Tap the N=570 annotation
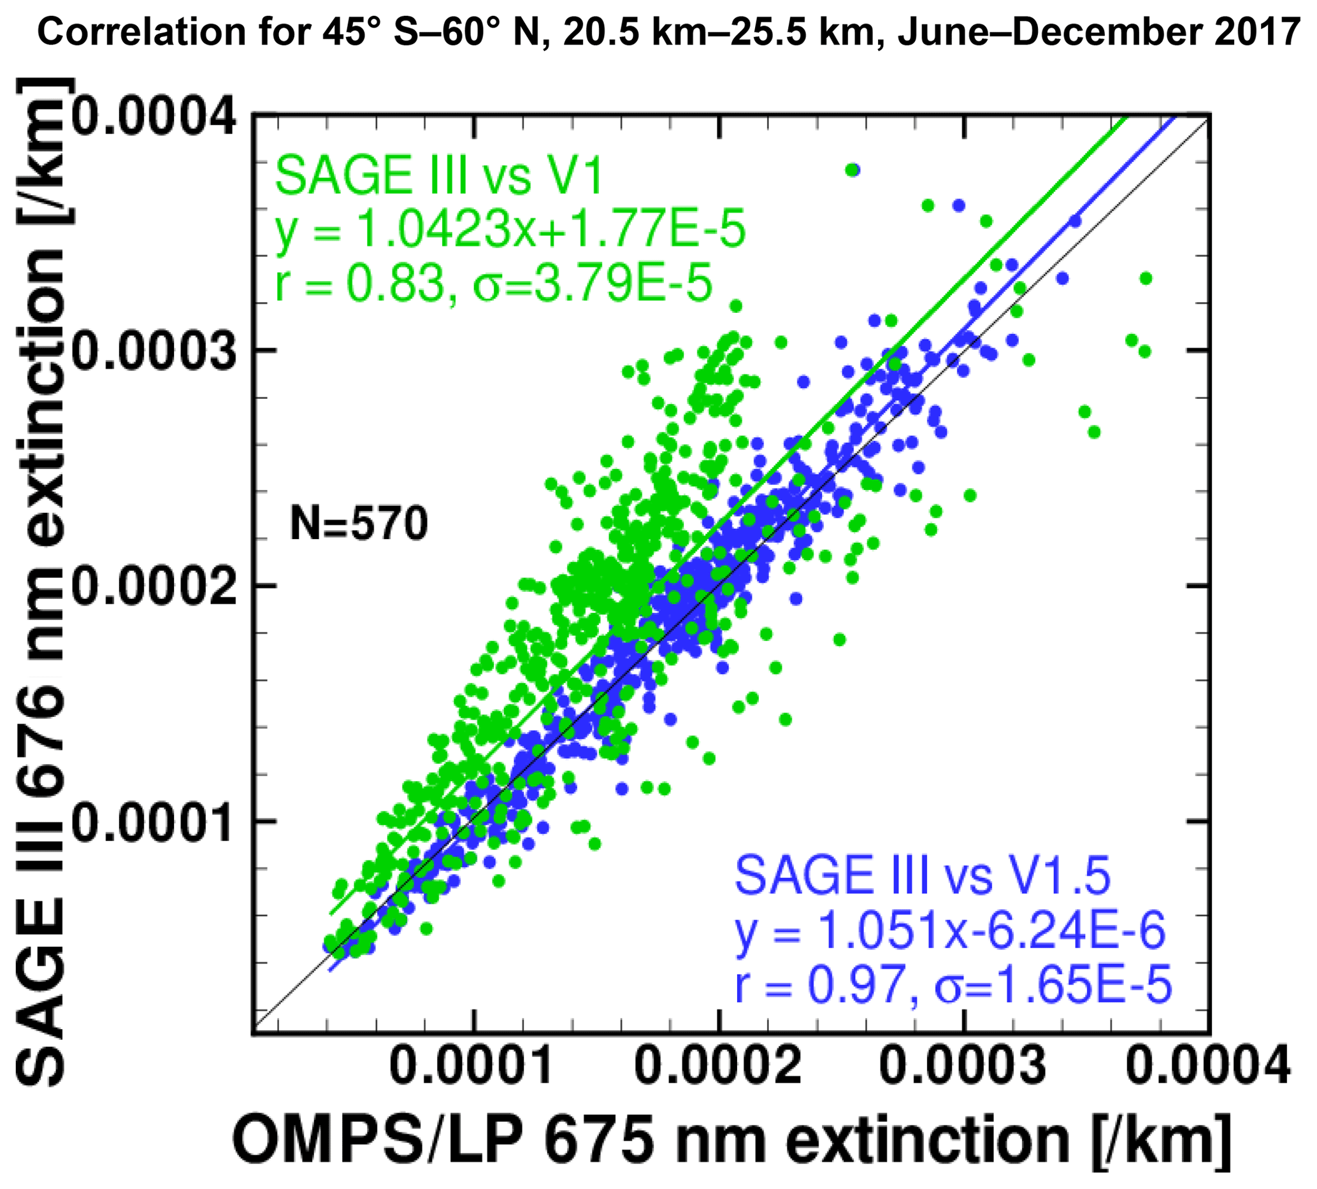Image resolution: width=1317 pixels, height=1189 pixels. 359,524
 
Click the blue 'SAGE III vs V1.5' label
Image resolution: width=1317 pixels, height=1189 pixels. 923,876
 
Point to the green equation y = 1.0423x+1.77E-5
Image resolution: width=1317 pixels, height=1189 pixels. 510,231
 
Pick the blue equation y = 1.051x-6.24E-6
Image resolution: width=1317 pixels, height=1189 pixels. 950,932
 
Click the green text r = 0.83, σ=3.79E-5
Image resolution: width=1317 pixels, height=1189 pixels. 494,285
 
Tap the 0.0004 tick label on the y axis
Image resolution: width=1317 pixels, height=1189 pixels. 154,118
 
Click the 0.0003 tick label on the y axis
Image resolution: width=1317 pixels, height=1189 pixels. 154,351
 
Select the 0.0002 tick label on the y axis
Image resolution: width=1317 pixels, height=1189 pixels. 154,586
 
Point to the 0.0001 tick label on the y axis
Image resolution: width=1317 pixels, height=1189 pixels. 154,821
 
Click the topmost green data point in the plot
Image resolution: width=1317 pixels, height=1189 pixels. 851,170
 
